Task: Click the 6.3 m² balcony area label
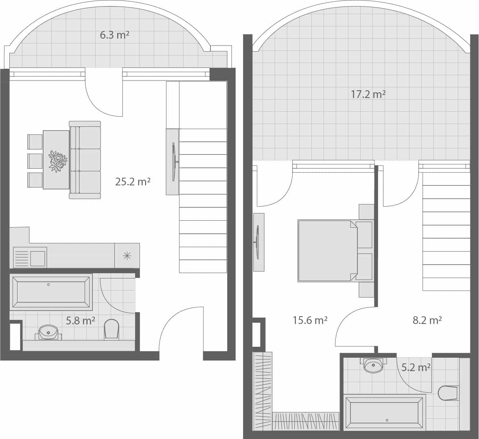(114, 35)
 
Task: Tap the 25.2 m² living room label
(133, 181)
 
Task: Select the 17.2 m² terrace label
(368, 94)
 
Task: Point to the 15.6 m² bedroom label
(310, 320)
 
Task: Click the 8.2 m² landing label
(427, 320)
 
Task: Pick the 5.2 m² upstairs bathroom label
(416, 367)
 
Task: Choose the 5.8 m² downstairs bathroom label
(81, 321)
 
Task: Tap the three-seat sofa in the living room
(85, 160)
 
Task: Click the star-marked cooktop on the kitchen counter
(127, 256)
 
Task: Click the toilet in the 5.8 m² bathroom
(112, 328)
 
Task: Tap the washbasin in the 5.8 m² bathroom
(48, 332)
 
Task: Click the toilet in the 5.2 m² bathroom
(448, 393)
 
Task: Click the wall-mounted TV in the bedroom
(258, 242)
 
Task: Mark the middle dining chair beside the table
(35, 161)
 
